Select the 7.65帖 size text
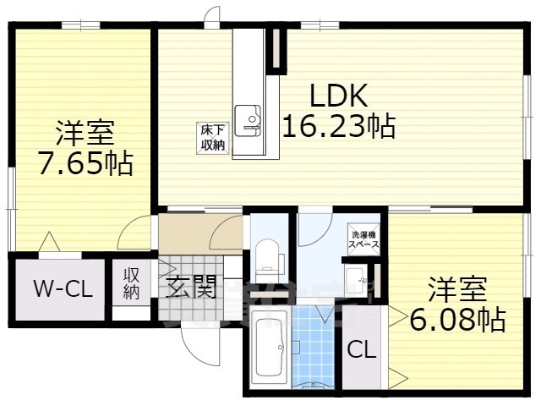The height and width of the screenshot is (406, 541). coord(85,162)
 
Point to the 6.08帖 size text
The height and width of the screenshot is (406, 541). coord(457,319)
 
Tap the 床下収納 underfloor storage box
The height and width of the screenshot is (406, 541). coord(212,138)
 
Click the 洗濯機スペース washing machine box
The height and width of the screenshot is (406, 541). coord(364,239)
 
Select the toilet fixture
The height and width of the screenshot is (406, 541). coord(268,256)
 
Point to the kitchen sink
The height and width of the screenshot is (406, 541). coord(249,118)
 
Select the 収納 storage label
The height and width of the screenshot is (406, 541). coord(132,283)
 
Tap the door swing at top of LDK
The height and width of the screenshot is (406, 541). coord(211,17)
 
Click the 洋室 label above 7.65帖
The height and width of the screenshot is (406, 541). coord(85,134)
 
